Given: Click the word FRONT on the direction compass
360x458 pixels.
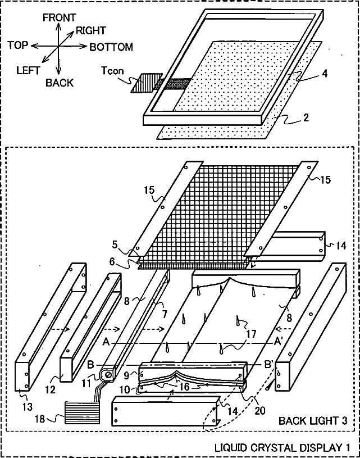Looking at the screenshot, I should [60, 19].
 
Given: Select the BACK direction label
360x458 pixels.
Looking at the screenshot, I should [60, 83].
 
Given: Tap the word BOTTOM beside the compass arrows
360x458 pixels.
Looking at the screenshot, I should [111, 47].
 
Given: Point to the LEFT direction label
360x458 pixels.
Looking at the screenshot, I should [28, 71].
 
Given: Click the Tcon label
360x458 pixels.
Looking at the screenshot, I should [111, 71].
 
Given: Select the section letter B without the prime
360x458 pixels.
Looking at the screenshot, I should [90, 364].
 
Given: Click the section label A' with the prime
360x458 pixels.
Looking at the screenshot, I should [278, 341].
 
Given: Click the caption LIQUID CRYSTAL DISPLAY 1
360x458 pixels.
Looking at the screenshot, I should [286, 448].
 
